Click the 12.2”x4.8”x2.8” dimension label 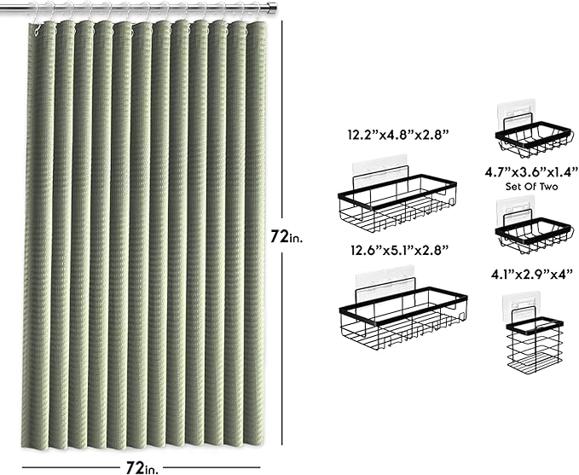point(398,135)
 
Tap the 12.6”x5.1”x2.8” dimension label point(400,250)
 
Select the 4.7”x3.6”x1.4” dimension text point(531,171)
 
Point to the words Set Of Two point(531,187)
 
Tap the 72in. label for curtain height point(287,236)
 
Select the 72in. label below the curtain point(142,467)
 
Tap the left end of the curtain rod point(1,6)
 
